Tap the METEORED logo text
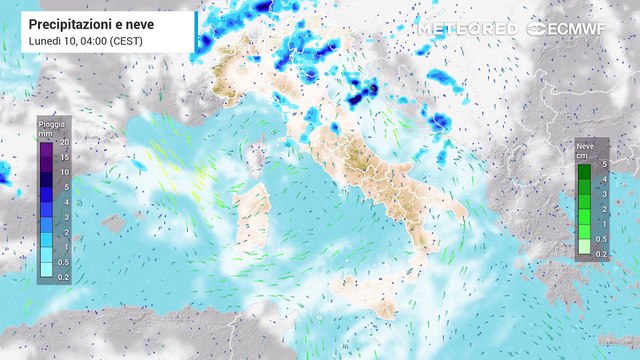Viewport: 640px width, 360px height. tap(467, 29)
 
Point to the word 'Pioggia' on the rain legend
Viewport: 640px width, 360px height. tap(52, 124)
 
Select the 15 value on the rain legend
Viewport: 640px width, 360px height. tap(63, 158)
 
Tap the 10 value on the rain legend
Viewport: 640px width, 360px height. tap(63, 172)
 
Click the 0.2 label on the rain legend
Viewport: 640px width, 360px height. tap(63, 276)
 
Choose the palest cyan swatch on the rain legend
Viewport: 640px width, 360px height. tap(47, 269)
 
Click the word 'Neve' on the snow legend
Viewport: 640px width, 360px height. tap(585, 146)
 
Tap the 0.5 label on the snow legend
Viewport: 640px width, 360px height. tap(601, 239)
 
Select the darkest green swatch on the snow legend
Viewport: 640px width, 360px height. tap(584, 171)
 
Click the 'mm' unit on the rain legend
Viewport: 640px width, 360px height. tap(45, 132)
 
